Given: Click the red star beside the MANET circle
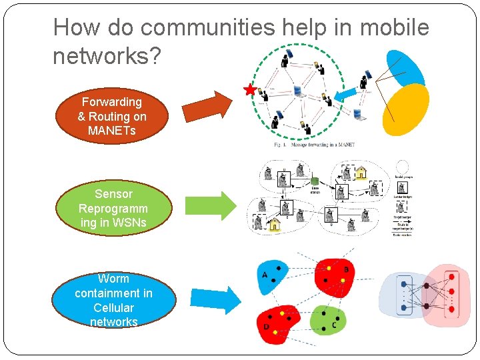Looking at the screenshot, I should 250,89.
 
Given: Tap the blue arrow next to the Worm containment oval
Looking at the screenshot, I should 215,299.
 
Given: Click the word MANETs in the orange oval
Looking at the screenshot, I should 112,131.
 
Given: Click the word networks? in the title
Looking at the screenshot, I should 107,57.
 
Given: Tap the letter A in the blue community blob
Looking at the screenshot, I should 265,275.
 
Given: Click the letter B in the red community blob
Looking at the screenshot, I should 345,270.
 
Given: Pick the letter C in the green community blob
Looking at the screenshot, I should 333,325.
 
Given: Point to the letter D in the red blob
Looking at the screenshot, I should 266,327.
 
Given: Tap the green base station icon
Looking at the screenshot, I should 315,181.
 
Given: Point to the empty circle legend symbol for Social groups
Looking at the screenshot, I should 402,167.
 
